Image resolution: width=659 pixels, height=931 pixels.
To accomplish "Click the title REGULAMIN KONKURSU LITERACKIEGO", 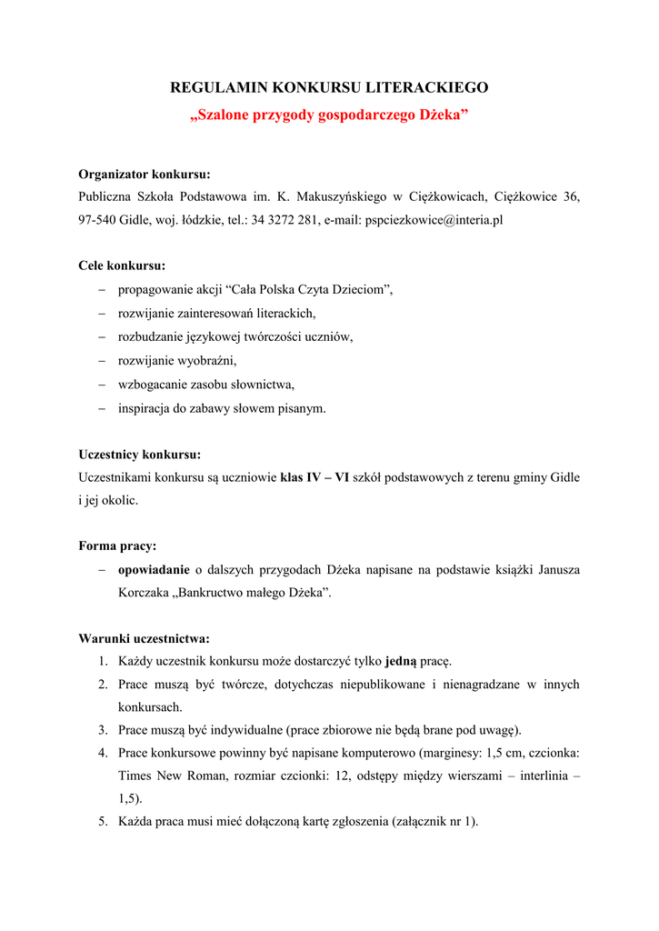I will (329, 87).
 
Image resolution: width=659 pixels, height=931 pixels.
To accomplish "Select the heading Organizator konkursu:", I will (145, 174).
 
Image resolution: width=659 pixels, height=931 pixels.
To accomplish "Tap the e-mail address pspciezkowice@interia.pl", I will (434, 220).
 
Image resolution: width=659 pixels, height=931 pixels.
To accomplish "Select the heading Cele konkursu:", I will (122, 266).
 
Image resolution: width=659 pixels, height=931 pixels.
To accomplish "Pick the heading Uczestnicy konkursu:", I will (140, 455).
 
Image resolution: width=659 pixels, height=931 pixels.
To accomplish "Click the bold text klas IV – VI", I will (315, 477).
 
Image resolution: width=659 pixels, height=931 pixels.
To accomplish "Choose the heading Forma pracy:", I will (117, 546).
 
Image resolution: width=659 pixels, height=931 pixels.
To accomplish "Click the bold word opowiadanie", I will (154, 570).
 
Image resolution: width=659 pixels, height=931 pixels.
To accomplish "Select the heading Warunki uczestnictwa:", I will (144, 638).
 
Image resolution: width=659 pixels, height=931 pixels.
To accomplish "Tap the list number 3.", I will (104, 729).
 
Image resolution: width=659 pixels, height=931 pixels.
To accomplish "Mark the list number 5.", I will (104, 822).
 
